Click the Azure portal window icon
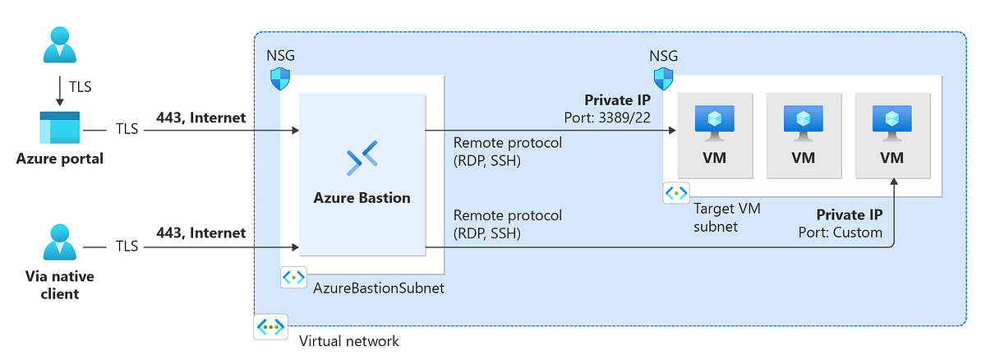(59, 129)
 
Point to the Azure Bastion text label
(362, 197)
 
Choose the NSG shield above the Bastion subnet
(280, 79)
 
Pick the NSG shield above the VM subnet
(663, 79)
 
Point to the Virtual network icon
(270, 326)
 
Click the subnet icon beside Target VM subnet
(675, 193)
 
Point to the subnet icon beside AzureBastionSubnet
(293, 277)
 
